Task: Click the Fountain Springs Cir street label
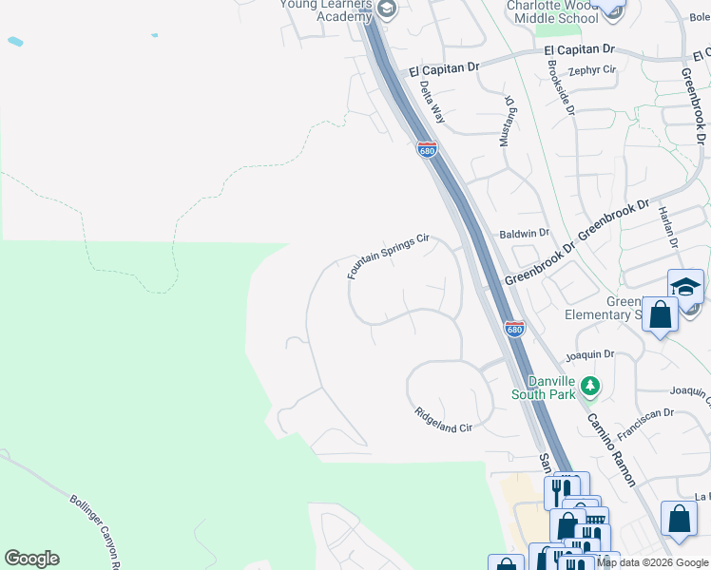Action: point(390,256)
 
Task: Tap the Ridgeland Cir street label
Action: point(444,421)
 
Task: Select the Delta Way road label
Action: point(432,103)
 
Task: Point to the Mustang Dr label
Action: point(509,120)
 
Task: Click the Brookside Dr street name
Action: point(562,88)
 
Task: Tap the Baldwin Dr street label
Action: point(525,233)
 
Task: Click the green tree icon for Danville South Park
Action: point(591,386)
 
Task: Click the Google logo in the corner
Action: point(31,559)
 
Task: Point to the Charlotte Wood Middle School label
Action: point(551,10)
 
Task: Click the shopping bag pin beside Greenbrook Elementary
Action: point(660,315)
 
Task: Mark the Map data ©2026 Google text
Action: point(652,562)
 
